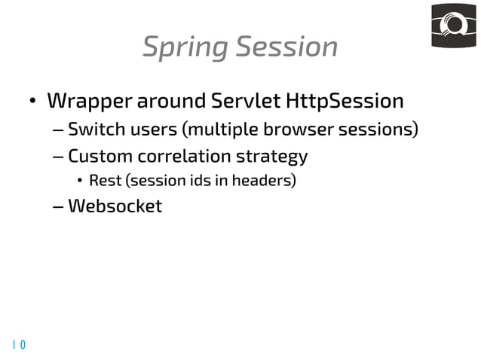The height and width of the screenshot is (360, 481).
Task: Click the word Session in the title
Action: click(x=286, y=47)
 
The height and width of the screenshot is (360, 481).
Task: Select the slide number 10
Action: click(x=19, y=345)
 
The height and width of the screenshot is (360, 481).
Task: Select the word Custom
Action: click(x=97, y=157)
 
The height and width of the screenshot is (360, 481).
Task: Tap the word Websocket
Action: click(x=115, y=206)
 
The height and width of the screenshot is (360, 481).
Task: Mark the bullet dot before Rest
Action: click(x=80, y=182)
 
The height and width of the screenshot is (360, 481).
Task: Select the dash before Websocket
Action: click(x=59, y=206)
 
